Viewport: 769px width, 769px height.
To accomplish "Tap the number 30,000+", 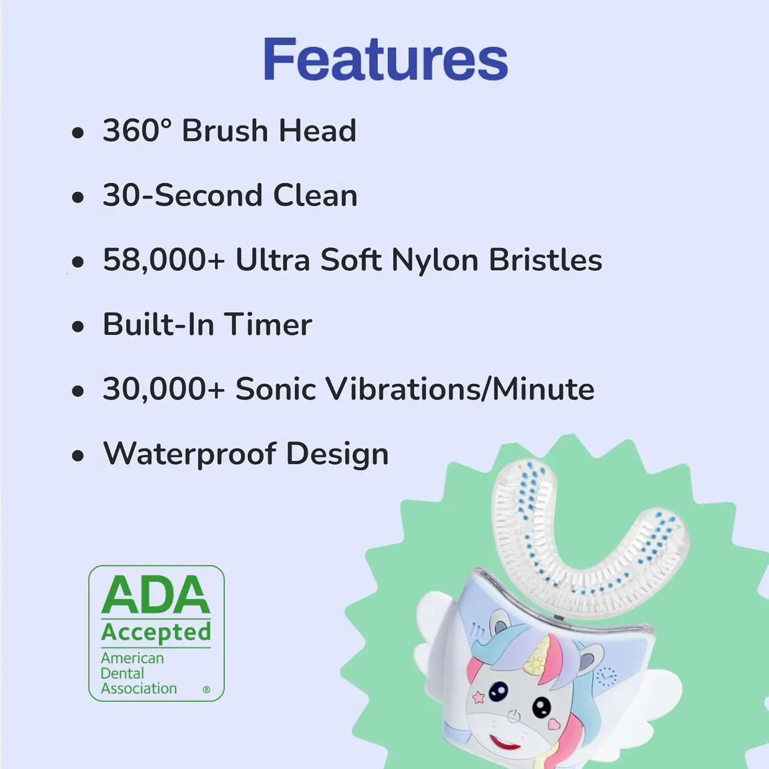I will click(x=164, y=389).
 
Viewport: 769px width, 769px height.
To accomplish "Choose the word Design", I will click(x=337, y=455).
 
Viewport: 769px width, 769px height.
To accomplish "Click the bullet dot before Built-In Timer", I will click(x=78, y=326).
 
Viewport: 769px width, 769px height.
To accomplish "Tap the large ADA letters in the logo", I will click(x=156, y=595).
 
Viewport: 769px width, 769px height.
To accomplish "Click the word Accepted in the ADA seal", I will click(x=156, y=632).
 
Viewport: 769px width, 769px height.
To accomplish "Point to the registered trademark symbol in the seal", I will click(x=207, y=689).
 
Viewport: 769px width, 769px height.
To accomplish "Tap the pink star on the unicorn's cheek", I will click(x=478, y=697).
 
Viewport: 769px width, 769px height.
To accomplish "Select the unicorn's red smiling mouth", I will click(x=504, y=742).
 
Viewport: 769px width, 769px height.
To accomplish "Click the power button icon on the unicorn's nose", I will click(x=514, y=716).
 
